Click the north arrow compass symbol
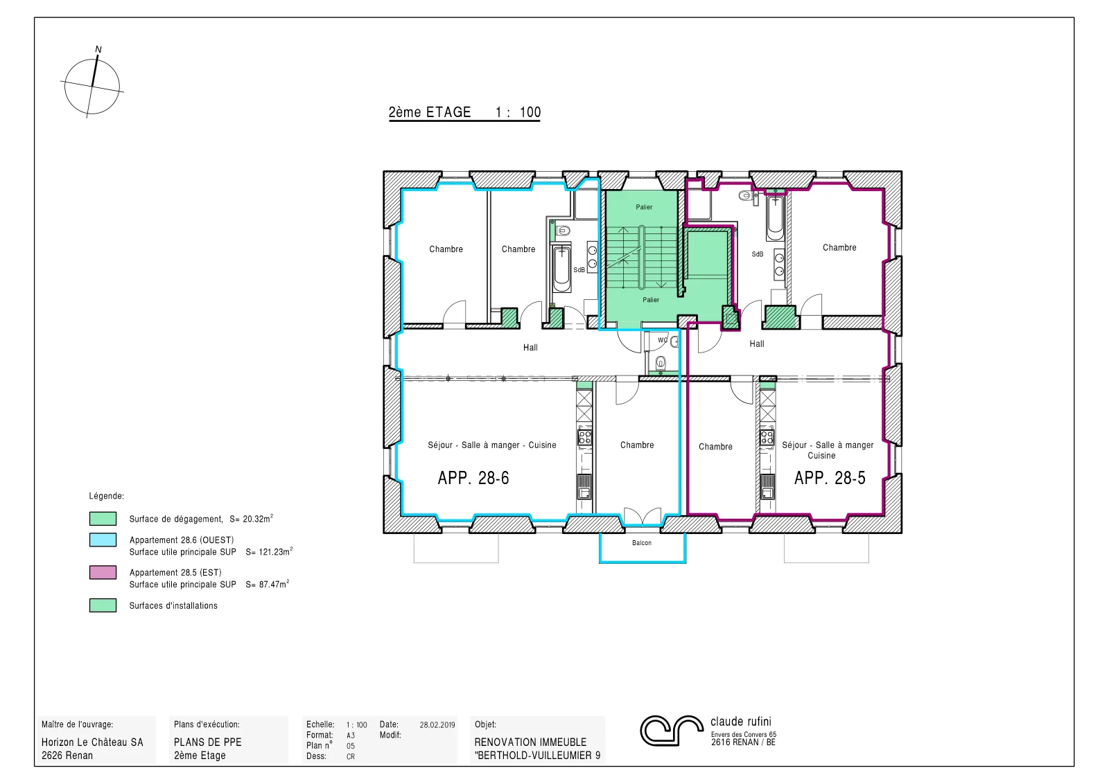93,85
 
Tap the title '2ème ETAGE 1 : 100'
464,112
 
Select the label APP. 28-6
473,478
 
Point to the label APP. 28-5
830,478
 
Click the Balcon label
642,542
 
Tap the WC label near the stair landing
663,340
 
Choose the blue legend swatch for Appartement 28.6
103,540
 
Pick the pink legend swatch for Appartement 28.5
103,572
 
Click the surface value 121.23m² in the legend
275,551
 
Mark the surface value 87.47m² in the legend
274,584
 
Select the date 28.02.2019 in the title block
437,725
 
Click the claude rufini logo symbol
672,730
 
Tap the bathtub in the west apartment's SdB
562,269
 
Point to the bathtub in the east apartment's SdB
776,217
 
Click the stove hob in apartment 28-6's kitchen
585,437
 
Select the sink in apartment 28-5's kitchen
767,486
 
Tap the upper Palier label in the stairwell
644,207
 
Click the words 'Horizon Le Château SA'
92,742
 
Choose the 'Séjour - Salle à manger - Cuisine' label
492,445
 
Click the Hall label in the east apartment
756,344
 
